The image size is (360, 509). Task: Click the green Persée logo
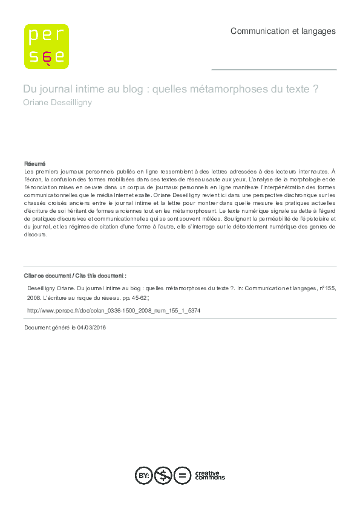coord(46,46)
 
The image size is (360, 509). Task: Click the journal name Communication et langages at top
coord(283,31)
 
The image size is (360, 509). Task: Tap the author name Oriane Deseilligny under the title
coord(57,102)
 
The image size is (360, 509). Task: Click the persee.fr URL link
coord(114,310)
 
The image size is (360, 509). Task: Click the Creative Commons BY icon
coord(144,476)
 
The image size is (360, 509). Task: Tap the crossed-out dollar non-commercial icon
coord(163,476)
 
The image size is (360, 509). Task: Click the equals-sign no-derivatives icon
coord(182,476)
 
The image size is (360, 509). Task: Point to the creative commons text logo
coord(209,476)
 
